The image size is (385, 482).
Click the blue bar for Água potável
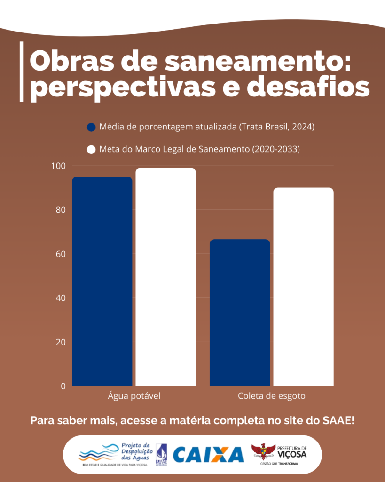coord(102,281)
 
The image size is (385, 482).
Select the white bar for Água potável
coord(165,277)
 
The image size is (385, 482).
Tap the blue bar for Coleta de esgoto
coord(240,313)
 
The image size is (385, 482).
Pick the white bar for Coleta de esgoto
coord(303,287)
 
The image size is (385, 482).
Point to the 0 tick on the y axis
coord(63,386)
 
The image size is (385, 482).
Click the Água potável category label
coord(134,396)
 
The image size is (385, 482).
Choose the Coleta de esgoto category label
coord(272,396)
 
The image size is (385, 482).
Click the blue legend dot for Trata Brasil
coord(91,127)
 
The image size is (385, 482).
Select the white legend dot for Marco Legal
coord(91,150)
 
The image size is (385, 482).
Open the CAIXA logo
coord(208,454)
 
